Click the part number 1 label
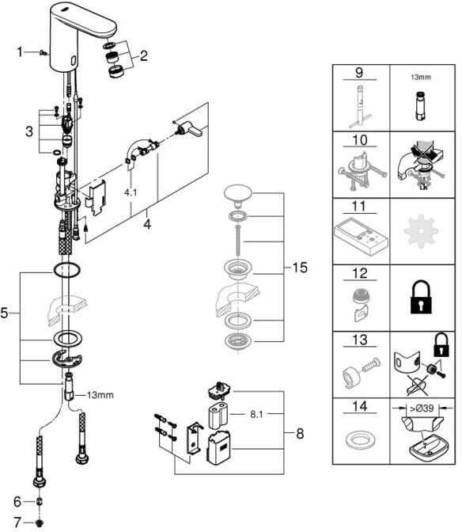coord(20,52)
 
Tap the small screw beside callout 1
coord(43,52)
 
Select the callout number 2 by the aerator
coord(144,56)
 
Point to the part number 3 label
coord(29,131)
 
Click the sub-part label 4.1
coord(131,192)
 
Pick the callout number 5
coord(4,313)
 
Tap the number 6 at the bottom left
coord(17,501)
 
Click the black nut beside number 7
coord(40,522)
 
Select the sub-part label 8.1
coord(256,414)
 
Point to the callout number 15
coord(300,268)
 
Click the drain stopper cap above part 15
coord(238,193)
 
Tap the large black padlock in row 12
coord(421,297)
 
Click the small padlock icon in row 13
coord(441,344)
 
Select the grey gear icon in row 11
coord(421,231)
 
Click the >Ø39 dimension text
coord(422,408)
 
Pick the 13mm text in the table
coord(420,78)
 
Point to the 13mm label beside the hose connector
coord(100,395)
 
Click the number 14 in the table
coord(360,406)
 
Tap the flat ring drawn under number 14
coord(360,440)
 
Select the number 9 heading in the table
coord(359,72)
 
